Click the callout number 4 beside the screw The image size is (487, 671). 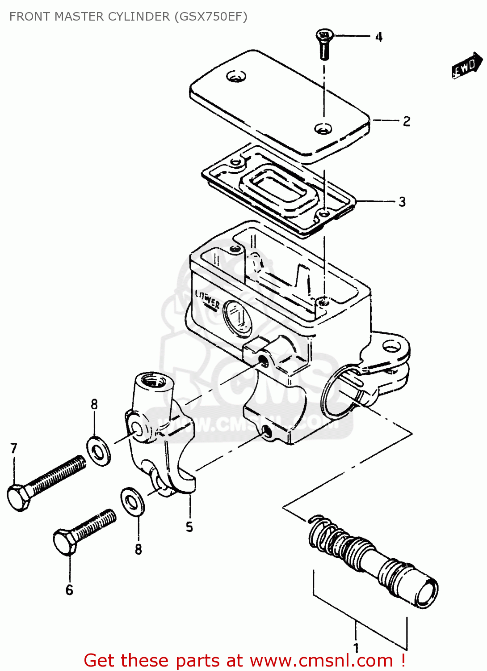click(378, 37)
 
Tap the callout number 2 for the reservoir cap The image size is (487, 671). click(406, 121)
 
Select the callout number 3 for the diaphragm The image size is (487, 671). click(402, 202)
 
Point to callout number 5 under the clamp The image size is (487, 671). click(189, 527)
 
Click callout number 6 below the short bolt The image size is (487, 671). click(69, 590)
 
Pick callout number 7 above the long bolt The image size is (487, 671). click(14, 448)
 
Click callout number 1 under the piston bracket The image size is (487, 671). click(356, 647)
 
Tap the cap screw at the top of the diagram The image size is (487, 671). click(324, 43)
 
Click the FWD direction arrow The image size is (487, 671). click(467, 66)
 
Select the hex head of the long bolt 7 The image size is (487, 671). click(18, 497)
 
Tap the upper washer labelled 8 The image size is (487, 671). click(98, 452)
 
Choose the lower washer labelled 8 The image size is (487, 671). click(132, 501)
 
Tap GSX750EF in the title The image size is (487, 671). click(210, 17)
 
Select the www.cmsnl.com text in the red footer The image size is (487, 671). click(321, 660)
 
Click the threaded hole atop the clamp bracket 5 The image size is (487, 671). click(153, 381)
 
